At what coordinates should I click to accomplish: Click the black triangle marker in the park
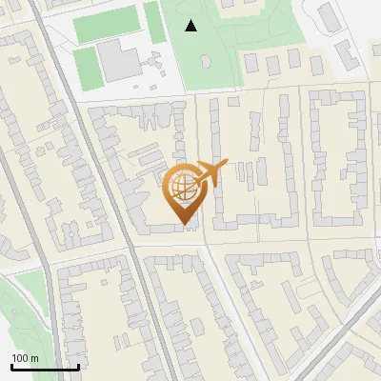191,26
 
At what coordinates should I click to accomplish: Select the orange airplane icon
210,173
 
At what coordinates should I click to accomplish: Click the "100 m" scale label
26,358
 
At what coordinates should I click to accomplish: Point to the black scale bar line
45,367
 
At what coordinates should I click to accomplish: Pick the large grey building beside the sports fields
118,60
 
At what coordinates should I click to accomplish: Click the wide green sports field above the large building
106,25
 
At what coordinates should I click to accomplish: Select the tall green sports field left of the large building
86,66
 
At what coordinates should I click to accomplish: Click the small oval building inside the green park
204,61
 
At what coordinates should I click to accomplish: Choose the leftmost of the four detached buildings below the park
251,64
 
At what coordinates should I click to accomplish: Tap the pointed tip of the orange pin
182,224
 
